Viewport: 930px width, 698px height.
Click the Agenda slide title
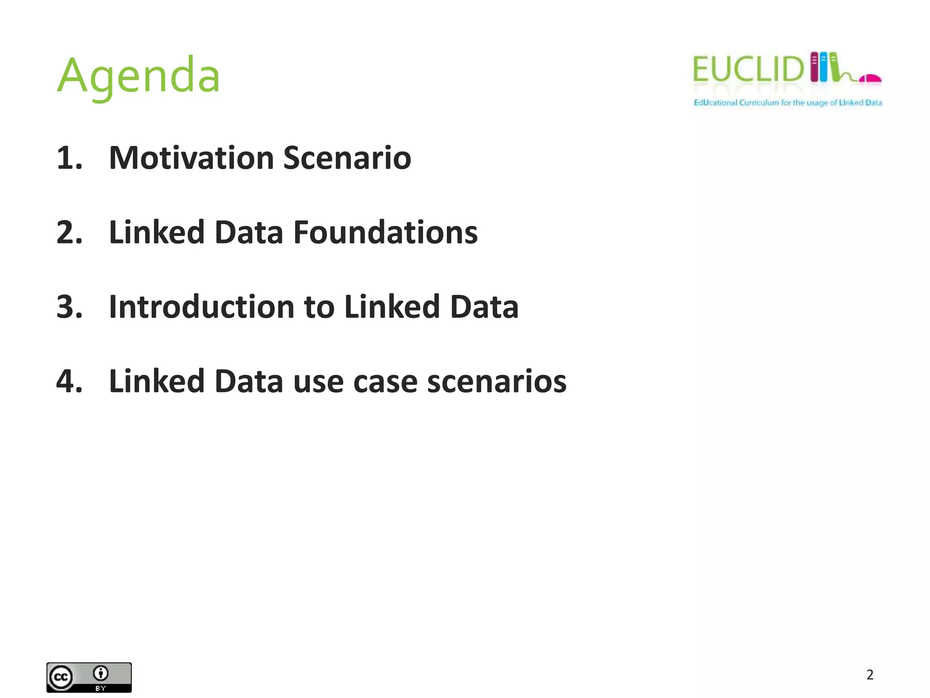139,75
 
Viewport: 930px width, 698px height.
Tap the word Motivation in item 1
191,158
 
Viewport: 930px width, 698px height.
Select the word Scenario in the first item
347,158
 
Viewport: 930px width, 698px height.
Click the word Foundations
386,232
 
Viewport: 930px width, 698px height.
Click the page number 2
870,675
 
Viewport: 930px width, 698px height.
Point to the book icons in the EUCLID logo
824,67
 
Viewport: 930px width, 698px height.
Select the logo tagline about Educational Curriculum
787,103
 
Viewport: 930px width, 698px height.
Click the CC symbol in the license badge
61,678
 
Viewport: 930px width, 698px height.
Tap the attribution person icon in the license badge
100,673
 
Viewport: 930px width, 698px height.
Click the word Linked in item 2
157,232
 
